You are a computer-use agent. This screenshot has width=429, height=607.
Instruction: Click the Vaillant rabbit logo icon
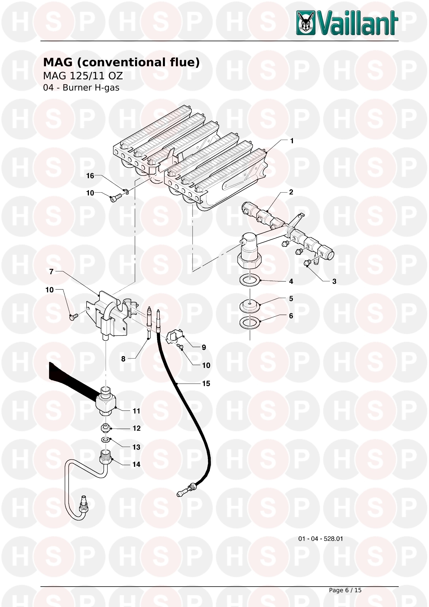coord(306,23)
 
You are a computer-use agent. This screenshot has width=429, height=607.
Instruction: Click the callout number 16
coord(90,176)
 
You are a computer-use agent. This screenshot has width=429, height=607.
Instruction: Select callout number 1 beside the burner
coord(292,141)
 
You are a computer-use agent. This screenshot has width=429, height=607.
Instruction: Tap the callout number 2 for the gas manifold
coord(291,192)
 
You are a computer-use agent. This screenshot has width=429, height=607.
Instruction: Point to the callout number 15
coord(206,383)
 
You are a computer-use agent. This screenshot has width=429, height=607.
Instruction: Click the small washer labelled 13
coord(106,439)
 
